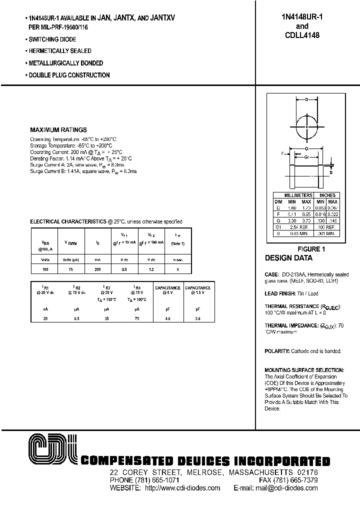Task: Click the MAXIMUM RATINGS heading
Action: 58,129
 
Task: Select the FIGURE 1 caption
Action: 311,248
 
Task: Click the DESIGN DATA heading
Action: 288,258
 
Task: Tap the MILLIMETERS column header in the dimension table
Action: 298,195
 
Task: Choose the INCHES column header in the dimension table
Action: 327,195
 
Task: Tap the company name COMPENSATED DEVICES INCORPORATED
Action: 205,461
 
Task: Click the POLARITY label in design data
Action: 277,351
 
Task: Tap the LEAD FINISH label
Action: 281,293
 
